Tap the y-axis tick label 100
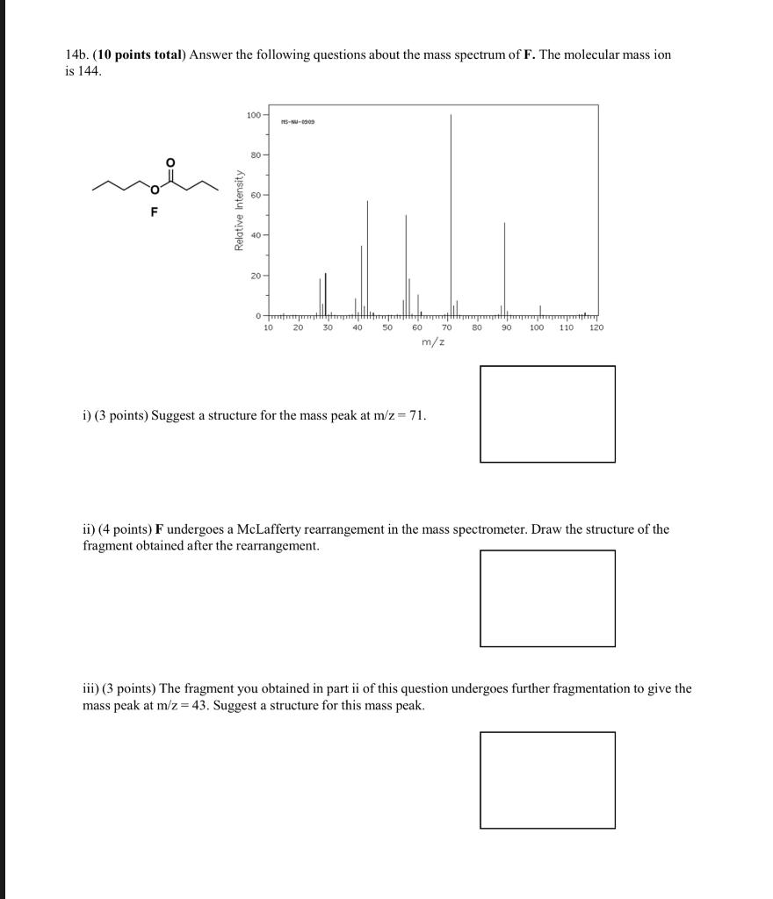253,115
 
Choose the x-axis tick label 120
596,327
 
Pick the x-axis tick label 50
386,327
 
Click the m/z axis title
432,341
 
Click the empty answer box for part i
547,414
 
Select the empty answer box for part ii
547,598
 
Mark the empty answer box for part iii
547,780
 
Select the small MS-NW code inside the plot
298,122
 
